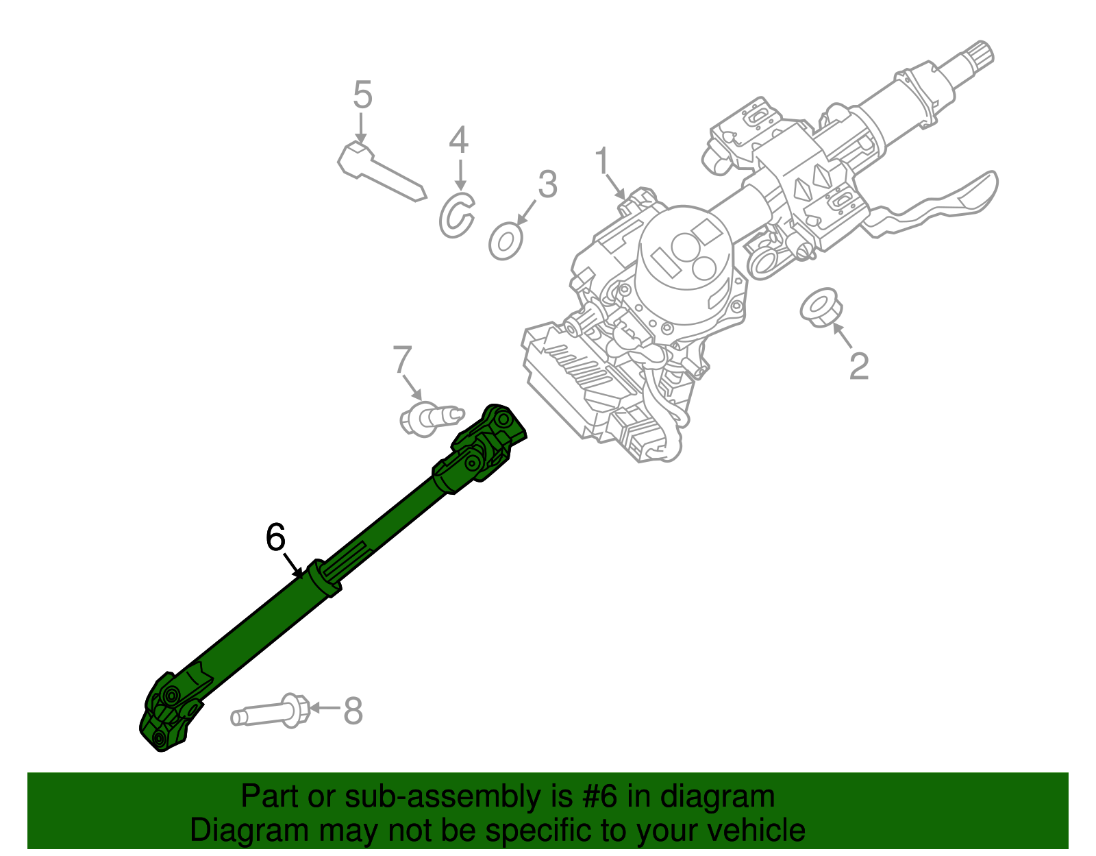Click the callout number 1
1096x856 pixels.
[x=601, y=162]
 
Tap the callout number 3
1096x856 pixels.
[x=547, y=184]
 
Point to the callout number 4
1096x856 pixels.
[x=458, y=140]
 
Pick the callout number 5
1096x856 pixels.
[x=362, y=95]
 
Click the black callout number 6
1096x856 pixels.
[x=275, y=537]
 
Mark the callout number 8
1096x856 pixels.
[x=352, y=711]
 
